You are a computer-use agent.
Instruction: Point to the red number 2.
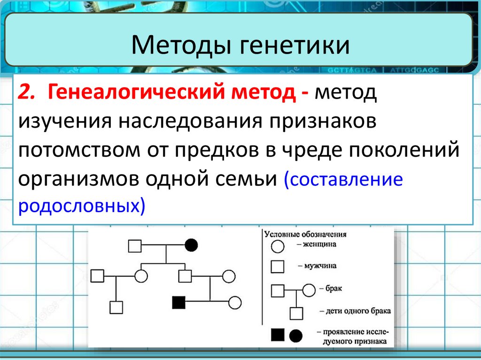[26, 91]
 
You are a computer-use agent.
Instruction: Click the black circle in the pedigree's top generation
[191, 245]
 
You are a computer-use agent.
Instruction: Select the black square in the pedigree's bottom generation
[178, 303]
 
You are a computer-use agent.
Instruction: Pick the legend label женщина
[320, 244]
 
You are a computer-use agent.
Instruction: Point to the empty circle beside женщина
[278, 245]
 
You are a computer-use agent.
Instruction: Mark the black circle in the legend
[295, 335]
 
